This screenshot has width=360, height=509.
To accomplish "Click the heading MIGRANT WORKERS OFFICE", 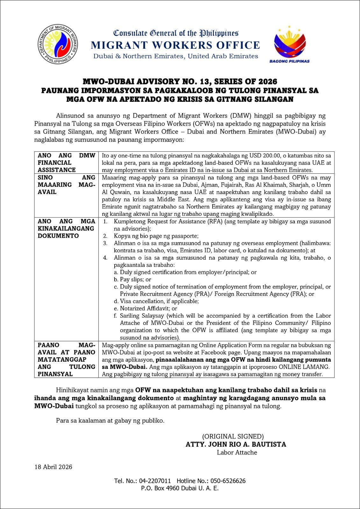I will pos(175,45).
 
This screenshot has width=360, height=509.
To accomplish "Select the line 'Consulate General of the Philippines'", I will pos(176,33).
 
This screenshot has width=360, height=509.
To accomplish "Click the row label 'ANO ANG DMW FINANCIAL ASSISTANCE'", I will pos(66,163).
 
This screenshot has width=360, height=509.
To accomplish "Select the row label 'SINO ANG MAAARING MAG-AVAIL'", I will pos(66,185).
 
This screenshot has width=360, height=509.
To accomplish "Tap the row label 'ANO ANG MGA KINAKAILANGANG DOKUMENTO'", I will pos(66,228).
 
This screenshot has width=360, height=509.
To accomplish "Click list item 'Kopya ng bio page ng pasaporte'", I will pos(156,236).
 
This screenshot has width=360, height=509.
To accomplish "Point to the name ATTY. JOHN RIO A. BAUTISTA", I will pos(236,444).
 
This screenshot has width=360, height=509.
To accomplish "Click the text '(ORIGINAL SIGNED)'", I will pos(233,436).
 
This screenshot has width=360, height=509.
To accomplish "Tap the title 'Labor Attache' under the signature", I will pos(237,452).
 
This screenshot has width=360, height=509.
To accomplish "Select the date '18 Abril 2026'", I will pos(53,467).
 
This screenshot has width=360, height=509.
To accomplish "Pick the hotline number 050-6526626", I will pos(227,481).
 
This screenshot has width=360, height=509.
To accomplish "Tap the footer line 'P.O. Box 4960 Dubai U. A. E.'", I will pos(180,488).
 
